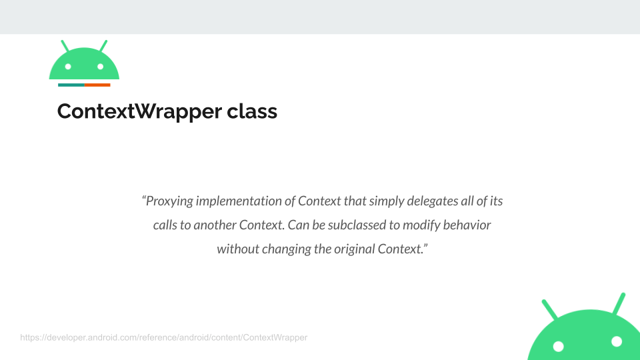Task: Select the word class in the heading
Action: (252, 111)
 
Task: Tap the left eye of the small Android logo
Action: (68, 67)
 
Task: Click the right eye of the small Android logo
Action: (101, 67)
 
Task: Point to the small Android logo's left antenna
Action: (65, 46)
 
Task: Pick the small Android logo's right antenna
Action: (103, 46)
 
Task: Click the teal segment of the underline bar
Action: (71, 85)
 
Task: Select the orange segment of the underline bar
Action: (97, 85)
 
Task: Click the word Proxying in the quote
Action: (169, 201)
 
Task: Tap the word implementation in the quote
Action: (239, 201)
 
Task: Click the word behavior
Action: (467, 225)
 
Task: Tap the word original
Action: (354, 249)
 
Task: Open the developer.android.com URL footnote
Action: (164, 337)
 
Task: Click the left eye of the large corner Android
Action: (559, 347)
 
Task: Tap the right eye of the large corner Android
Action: (617, 341)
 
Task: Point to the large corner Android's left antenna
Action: (550, 309)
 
